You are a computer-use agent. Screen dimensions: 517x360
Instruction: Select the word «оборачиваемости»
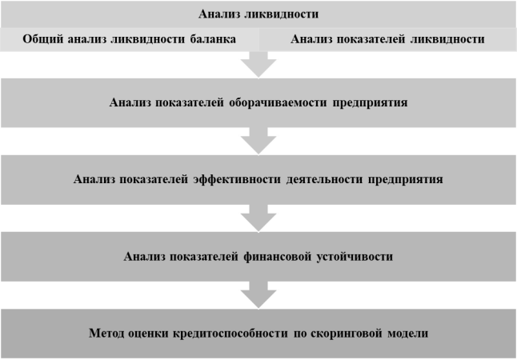[x=278, y=102]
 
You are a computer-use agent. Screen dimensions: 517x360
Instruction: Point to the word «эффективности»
[x=237, y=179]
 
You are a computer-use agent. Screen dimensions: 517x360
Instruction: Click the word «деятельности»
[x=324, y=179]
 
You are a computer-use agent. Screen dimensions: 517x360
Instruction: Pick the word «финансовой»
[x=277, y=257]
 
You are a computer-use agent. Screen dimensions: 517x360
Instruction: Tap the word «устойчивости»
[x=355, y=257]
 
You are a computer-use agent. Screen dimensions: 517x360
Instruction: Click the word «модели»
[x=407, y=334]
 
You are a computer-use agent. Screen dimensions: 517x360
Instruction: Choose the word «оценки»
[x=148, y=334]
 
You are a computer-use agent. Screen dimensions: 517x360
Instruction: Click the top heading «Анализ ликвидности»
[x=258, y=14]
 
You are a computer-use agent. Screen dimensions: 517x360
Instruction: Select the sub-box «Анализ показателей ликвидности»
[x=387, y=39]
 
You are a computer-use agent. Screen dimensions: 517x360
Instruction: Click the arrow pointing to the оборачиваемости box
[x=258, y=64]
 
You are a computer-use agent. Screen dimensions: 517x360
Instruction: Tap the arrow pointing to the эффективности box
[x=258, y=141]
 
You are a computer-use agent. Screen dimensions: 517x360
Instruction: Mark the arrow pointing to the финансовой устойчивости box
[x=258, y=218]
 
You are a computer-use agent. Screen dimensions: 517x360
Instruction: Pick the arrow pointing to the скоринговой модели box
[x=258, y=295]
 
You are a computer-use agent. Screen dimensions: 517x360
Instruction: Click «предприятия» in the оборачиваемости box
[x=370, y=102]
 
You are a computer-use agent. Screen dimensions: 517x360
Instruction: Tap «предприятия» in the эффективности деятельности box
[x=406, y=179]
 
